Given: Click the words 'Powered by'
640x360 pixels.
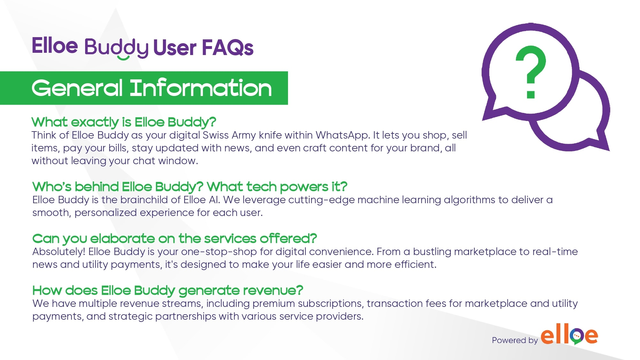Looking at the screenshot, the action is tap(515, 340).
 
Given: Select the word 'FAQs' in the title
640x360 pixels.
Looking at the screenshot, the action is tap(228, 48).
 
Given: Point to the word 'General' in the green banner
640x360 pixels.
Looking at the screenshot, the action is tap(77, 88).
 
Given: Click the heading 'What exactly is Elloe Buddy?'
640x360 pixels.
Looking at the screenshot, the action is tap(124, 122).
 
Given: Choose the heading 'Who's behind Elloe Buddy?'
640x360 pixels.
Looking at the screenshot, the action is tap(118, 187).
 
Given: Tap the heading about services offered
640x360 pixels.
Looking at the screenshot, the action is tap(174, 238).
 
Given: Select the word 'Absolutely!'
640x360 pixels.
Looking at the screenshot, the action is tap(59, 252).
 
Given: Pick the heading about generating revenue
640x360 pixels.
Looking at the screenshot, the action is tap(168, 290).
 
